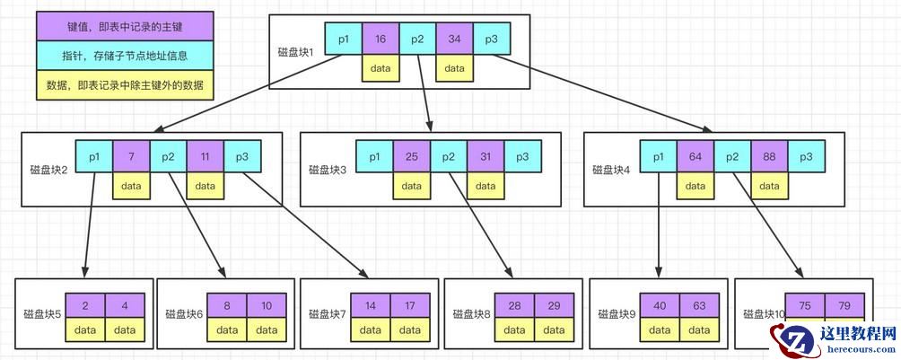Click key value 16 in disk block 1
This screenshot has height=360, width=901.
tap(381, 40)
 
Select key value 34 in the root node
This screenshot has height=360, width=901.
tap(454, 40)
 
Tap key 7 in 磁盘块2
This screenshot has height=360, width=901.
tap(131, 157)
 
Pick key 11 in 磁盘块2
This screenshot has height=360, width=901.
tap(206, 157)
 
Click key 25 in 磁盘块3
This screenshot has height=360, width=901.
tap(411, 157)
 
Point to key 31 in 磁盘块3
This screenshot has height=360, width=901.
tap(485, 157)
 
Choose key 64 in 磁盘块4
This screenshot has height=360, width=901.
tap(695, 157)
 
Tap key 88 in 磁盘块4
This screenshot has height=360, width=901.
tap(770, 157)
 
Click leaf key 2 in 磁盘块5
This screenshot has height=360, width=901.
tap(84, 305)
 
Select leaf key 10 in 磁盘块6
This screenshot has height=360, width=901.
tap(267, 305)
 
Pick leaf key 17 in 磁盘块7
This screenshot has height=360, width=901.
tap(410, 305)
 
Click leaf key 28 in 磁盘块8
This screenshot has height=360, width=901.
tap(516, 305)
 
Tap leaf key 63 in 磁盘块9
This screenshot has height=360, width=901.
tap(699, 305)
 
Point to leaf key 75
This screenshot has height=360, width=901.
tap(805, 305)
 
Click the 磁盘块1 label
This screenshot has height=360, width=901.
tap(296, 51)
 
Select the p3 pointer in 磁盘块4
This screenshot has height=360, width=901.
tap(807, 157)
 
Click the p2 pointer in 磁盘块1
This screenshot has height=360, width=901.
tap(417, 40)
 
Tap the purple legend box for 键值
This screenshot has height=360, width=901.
tap(126, 27)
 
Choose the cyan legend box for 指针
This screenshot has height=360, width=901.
tap(126, 56)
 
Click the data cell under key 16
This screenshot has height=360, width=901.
tap(381, 68)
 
